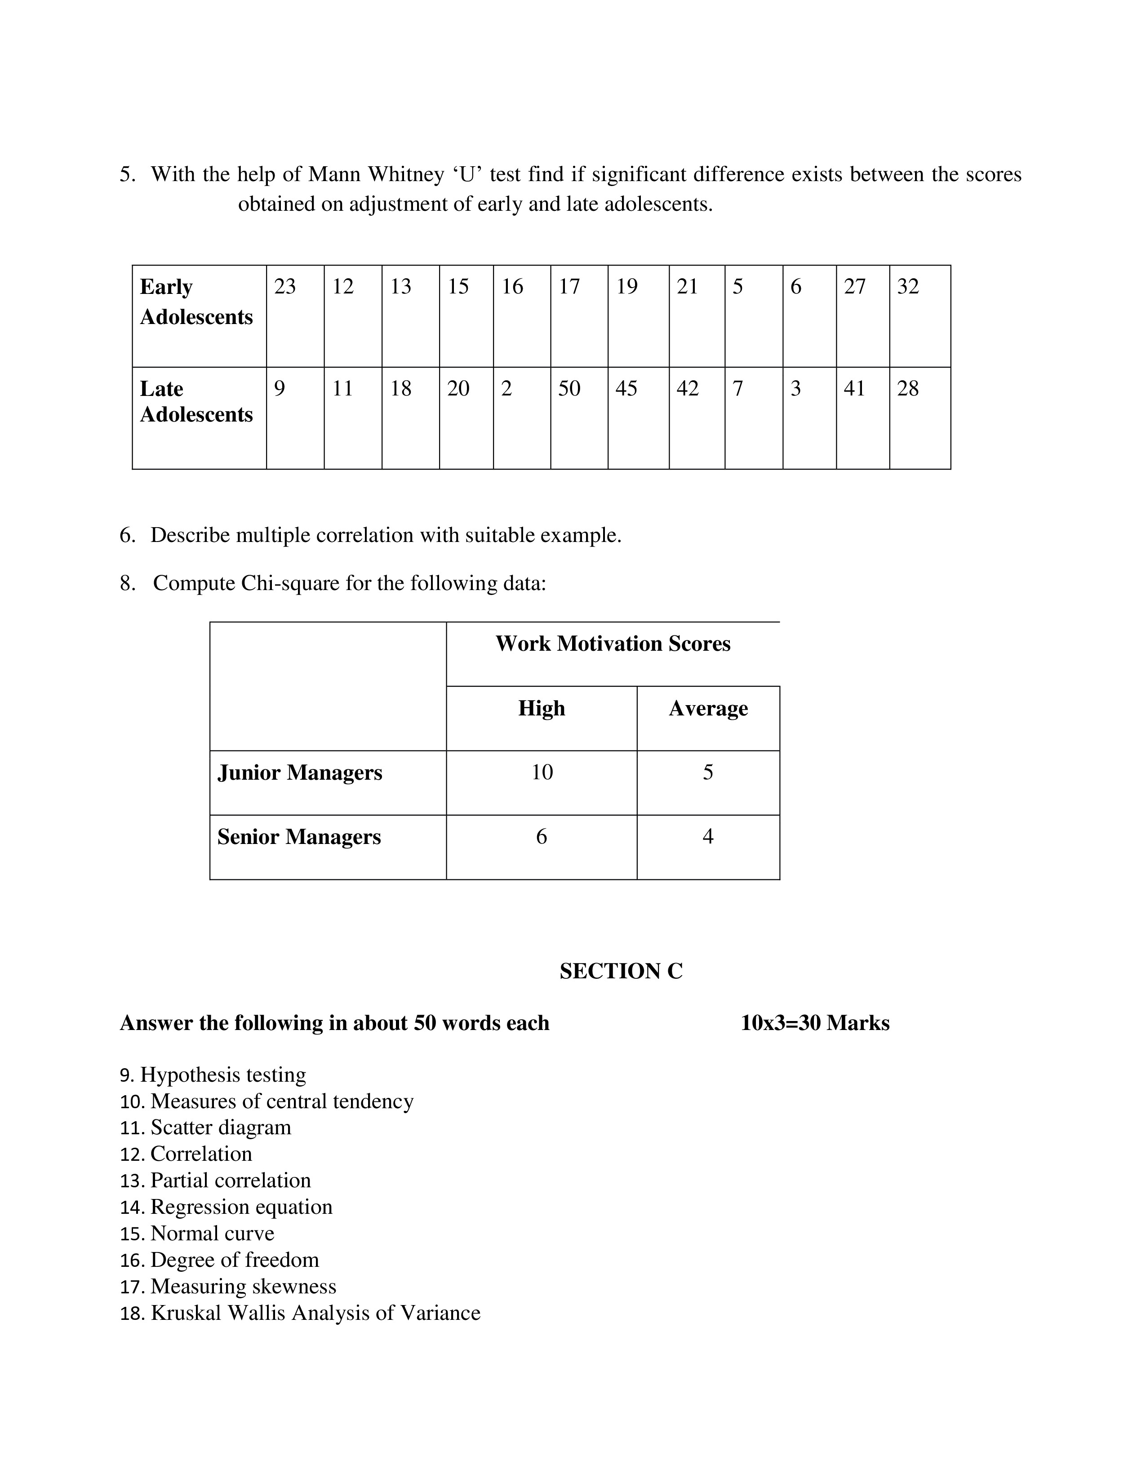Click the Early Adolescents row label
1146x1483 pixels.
[x=196, y=302]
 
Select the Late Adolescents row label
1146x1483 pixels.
[x=196, y=401]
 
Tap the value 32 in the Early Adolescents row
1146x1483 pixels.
[x=908, y=287]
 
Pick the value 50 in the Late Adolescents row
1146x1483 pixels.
[x=569, y=388]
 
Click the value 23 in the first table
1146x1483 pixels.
[x=285, y=287]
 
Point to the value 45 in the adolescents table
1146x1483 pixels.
[x=626, y=388]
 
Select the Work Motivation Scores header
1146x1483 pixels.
[x=613, y=644]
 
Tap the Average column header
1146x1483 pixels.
[x=708, y=708]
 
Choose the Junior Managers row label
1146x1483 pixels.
[x=300, y=773]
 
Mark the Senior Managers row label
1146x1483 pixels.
[x=299, y=837]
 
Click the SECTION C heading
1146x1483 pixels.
[x=621, y=972]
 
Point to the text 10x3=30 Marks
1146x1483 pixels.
[x=815, y=1023]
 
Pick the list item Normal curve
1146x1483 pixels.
[x=213, y=1234]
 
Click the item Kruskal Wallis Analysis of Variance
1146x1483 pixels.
[x=315, y=1313]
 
